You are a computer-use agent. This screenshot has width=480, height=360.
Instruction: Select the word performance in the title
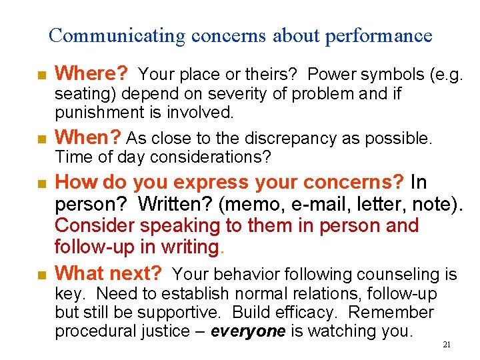click(x=379, y=35)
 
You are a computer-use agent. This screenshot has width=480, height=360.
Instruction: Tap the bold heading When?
click(x=88, y=138)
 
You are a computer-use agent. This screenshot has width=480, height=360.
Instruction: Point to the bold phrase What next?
click(x=109, y=273)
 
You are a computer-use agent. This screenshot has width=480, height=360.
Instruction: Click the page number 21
click(x=447, y=345)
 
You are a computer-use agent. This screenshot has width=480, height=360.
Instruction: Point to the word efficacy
click(x=313, y=313)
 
